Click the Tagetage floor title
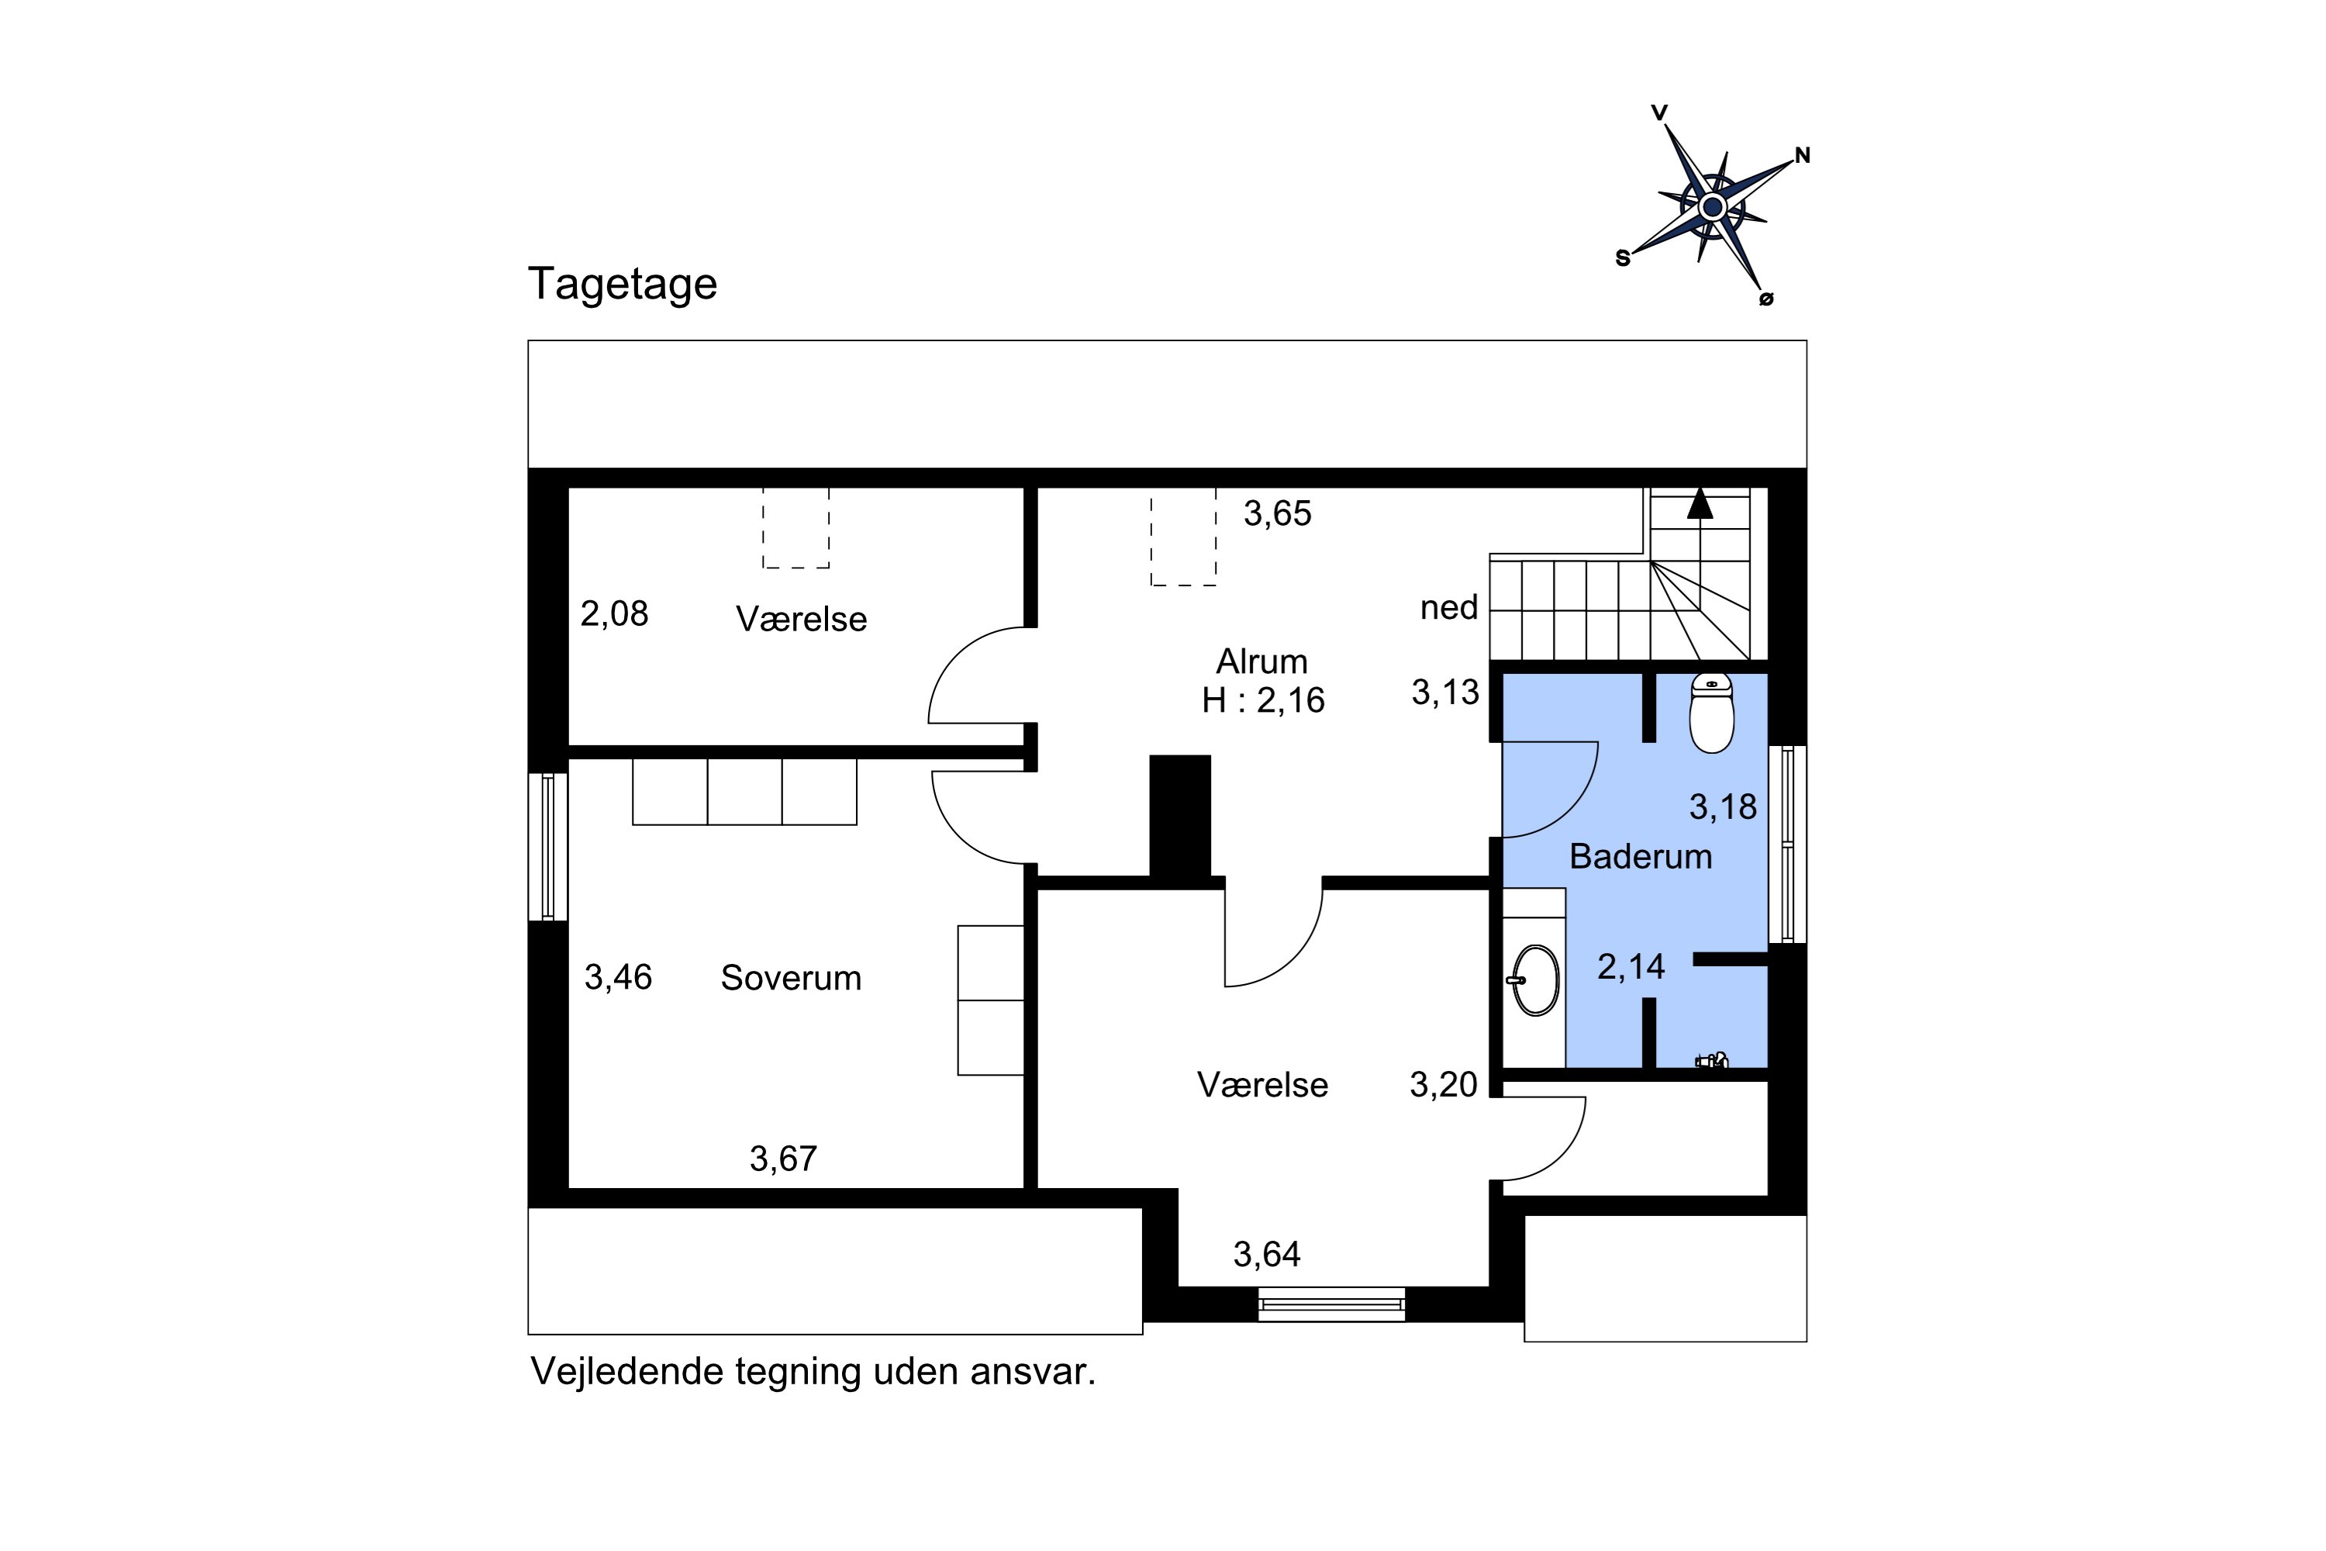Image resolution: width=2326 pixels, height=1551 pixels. [x=622, y=284]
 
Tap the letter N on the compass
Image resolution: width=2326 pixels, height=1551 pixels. [x=1802, y=155]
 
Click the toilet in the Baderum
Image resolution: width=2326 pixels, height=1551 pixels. [x=1711, y=713]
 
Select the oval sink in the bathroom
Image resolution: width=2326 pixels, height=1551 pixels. [x=1536, y=980]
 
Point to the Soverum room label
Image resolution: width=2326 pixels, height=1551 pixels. [x=790, y=978]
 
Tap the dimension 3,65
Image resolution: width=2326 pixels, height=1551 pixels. [x=1277, y=513]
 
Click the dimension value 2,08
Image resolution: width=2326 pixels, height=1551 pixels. [x=614, y=614]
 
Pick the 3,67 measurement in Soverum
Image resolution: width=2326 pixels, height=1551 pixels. [x=783, y=1159]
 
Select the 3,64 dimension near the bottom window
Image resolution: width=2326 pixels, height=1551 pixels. [x=1266, y=1254]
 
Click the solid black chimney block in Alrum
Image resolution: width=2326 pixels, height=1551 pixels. [x=1180, y=816]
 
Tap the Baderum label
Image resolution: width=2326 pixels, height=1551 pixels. [x=1641, y=857]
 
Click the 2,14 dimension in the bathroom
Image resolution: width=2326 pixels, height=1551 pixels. [x=1631, y=966]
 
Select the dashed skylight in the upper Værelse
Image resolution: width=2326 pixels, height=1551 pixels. [x=795, y=528]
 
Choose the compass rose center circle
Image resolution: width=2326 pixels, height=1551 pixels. [x=1713, y=208]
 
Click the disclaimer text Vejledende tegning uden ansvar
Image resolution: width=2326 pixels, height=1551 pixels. [x=813, y=1372]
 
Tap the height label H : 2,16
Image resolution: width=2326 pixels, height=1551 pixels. [x=1262, y=700]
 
